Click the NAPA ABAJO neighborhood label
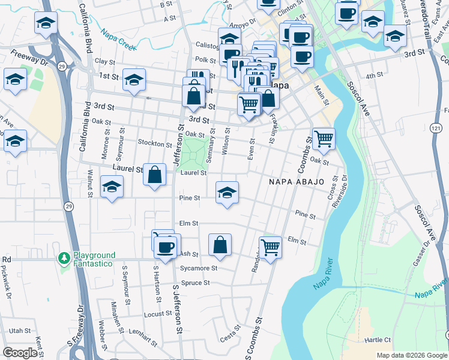pyautogui.click(x=297, y=181)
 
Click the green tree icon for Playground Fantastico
pyautogui.click(x=64, y=259)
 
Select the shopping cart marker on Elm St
pyautogui.click(x=270, y=246)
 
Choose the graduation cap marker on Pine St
pyautogui.click(x=227, y=192)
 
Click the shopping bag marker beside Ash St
pyautogui.click(x=220, y=244)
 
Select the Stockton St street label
pyautogui.click(x=154, y=144)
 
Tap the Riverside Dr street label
pyautogui.click(x=345, y=195)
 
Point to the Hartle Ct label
pyautogui.click(x=378, y=340)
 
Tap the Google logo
pyautogui.click(x=20, y=353)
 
